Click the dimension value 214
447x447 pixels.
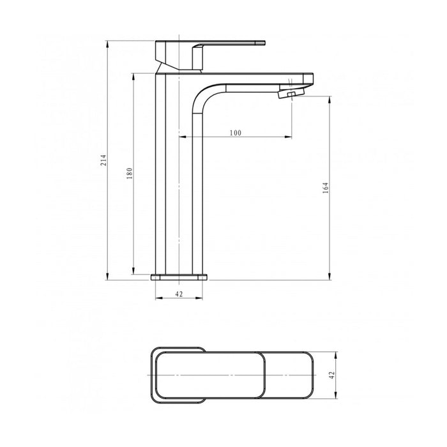pyautogui.click(x=103, y=160)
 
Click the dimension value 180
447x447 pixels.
pyautogui.click(x=130, y=173)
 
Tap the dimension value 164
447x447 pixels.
pyautogui.click(x=325, y=188)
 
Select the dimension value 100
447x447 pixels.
pyautogui.click(x=236, y=133)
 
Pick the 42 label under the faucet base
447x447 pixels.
pyautogui.click(x=179, y=294)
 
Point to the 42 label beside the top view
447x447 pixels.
pyautogui.click(x=331, y=375)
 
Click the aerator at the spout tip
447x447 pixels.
pyautogui.click(x=292, y=93)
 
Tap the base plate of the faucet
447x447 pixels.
pyautogui.click(x=179, y=277)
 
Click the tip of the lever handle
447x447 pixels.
pyautogui.click(x=266, y=43)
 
